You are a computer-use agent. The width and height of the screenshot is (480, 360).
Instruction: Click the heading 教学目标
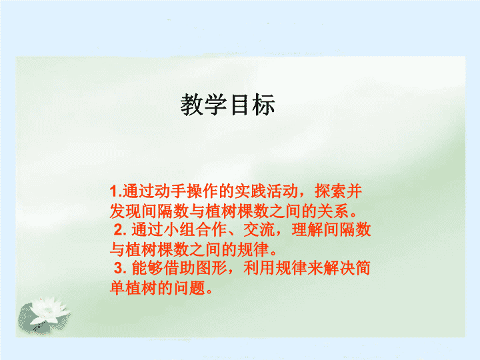click(227, 105)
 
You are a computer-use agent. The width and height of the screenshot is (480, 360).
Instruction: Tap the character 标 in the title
click(263, 105)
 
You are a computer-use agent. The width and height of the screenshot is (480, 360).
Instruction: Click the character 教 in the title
click(191, 105)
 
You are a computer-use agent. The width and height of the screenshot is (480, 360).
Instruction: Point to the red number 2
click(119, 229)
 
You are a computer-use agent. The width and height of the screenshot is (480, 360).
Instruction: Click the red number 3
click(119, 268)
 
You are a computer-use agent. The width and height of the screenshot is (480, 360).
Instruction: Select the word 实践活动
click(266, 191)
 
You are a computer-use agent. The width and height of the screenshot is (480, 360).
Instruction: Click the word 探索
click(330, 191)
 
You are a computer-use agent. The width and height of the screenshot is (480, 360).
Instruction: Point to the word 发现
click(125, 211)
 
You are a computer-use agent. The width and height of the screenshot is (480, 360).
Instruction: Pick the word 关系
click(333, 211)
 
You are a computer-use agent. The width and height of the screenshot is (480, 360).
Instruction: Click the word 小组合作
click(195, 229)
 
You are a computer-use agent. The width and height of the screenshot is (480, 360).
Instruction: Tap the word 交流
click(259, 229)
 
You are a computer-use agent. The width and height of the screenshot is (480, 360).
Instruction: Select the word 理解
click(307, 229)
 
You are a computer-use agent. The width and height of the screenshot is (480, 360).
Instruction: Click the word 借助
click(179, 268)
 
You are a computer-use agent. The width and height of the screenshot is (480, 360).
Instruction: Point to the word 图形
click(211, 268)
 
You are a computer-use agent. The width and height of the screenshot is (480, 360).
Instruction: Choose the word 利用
click(259, 268)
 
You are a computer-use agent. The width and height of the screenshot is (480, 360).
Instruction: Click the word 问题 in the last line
click(190, 287)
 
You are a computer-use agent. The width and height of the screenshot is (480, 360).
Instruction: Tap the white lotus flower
click(49, 310)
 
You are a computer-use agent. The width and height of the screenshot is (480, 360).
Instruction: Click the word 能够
click(147, 268)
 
